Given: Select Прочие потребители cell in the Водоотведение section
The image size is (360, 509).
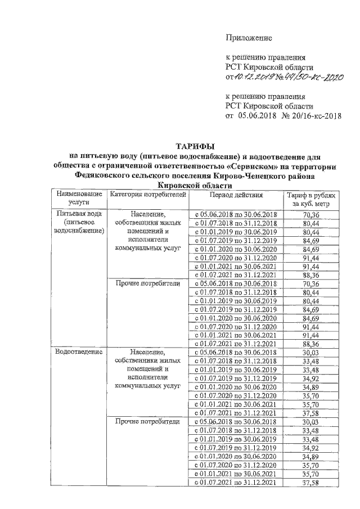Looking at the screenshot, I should pyautogui.click(x=147, y=421).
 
